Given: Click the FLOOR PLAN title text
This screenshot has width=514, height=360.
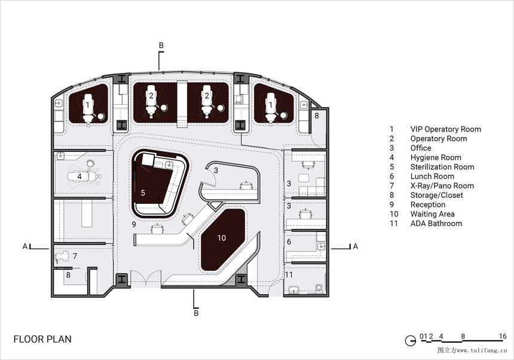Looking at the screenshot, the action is pos(42,339).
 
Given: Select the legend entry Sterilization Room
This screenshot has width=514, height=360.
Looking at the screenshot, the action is pos(442,167).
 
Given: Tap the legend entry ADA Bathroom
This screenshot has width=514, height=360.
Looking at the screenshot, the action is pos(436,224).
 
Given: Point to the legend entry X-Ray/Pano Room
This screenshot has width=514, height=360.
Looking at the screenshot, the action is pos(442,186).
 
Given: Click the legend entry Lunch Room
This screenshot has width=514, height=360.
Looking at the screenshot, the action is pos(432,176).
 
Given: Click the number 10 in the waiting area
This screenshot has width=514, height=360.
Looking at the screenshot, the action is pos(222,237).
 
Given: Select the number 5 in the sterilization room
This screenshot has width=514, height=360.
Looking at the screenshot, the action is pos(143,193).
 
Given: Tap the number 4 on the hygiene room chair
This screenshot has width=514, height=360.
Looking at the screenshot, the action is pos(79,177).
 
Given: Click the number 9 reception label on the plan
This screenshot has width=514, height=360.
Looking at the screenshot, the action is pos(134,225).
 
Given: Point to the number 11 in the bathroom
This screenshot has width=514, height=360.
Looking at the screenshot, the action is pos(289,274).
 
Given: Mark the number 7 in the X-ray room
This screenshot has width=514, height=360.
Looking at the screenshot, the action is pos(75,256).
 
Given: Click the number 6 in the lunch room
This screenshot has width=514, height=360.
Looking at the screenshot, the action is pos(289,242).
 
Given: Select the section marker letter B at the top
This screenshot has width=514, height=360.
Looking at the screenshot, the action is pos(161,45).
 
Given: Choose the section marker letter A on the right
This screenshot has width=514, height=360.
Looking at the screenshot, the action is pos(356,246).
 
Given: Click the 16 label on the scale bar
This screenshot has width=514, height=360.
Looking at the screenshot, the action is pos(503,336).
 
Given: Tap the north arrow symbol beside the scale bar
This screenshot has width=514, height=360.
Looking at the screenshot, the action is pos(410,341).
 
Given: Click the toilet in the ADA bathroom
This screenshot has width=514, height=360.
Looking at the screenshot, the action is pos(319,288).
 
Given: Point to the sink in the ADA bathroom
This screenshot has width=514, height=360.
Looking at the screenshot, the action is pos(295,290).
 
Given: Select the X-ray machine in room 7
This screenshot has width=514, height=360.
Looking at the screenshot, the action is pos(62,257).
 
